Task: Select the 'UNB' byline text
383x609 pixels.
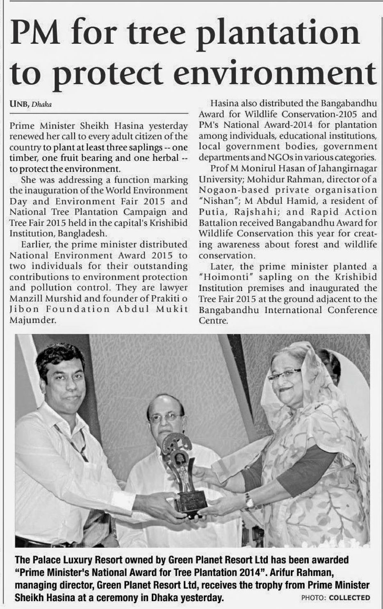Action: pos(19,104)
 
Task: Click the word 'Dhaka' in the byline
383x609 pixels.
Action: pos(44,104)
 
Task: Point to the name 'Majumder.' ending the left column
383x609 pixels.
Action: pos(32,320)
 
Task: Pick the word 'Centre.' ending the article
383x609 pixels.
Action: pos(213,320)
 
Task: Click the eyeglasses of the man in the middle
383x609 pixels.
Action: pos(166,417)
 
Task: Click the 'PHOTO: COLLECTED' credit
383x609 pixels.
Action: pos(335,598)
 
